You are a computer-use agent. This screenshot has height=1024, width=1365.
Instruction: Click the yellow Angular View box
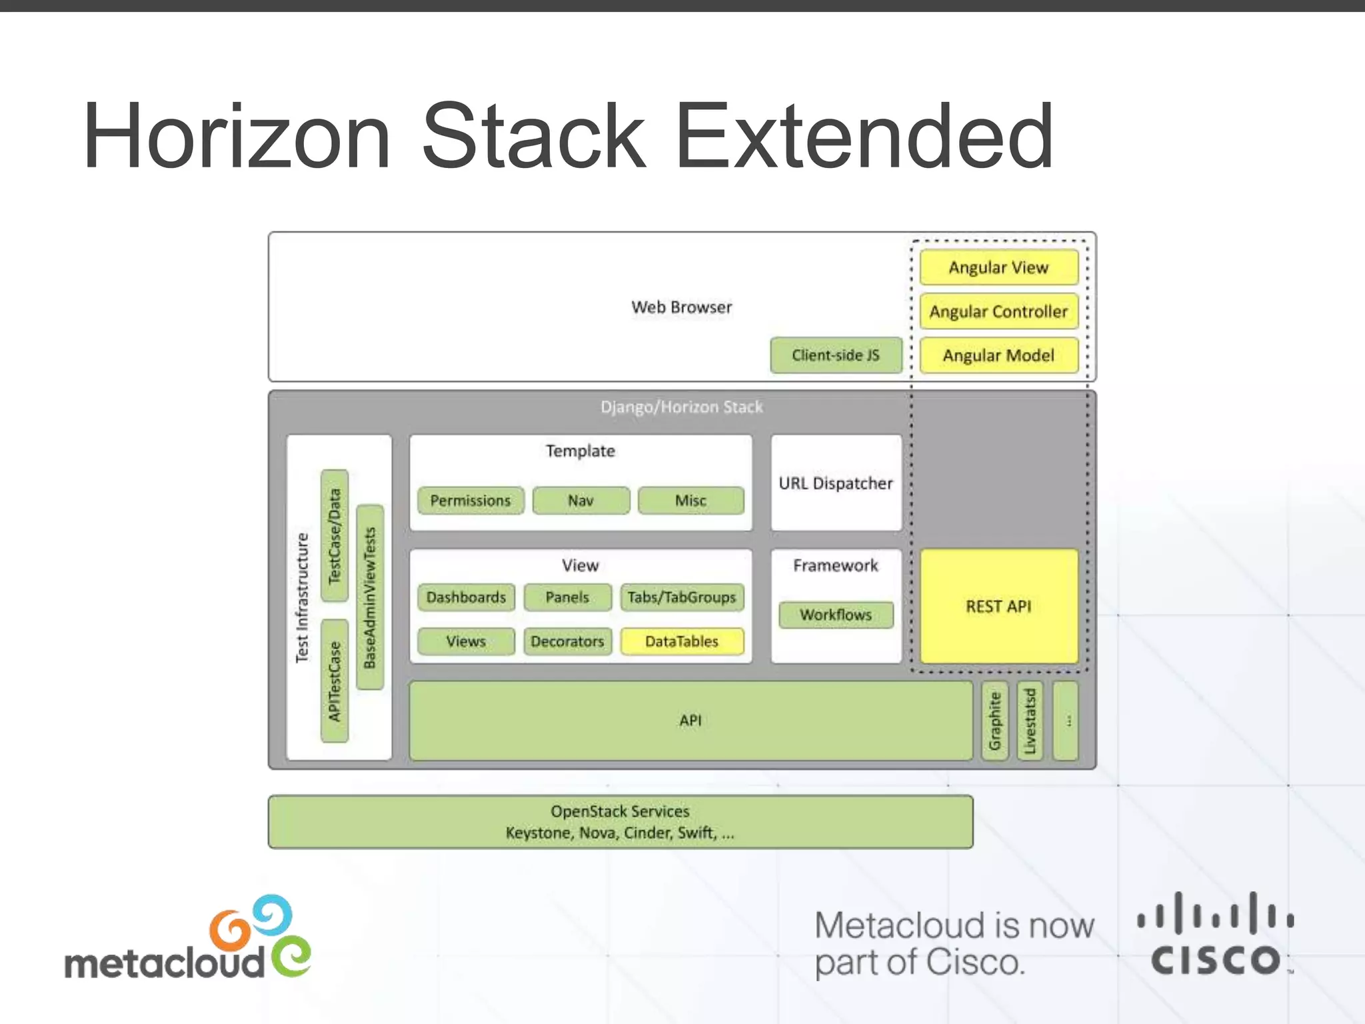point(998,267)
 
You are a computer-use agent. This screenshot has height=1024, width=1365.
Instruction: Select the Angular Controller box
point(998,311)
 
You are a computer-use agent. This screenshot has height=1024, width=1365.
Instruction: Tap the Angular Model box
point(998,355)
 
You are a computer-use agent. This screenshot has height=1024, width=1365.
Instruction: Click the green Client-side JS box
point(836,355)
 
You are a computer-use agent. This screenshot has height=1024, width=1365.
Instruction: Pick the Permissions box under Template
point(471,501)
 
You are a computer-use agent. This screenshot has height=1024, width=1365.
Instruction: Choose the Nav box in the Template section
point(581,501)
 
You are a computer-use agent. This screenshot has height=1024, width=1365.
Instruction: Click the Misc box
point(690,501)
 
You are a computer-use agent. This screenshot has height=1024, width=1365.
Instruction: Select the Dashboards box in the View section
point(466,597)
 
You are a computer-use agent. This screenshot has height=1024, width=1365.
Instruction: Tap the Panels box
point(567,597)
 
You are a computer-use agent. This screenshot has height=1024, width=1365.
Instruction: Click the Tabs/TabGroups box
point(682,597)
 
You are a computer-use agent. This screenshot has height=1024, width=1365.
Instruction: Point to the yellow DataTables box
point(682,641)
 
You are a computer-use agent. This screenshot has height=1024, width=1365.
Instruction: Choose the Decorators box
point(567,641)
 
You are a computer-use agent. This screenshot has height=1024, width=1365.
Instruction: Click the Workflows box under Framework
point(836,615)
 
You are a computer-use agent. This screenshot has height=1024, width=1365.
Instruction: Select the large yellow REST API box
point(998,606)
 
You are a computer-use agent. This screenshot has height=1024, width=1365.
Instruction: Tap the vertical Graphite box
point(995,721)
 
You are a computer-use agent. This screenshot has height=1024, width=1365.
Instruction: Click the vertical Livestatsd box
point(1030,721)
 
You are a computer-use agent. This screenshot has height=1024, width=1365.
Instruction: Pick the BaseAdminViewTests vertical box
point(370,597)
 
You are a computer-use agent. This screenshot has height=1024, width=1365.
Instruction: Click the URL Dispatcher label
point(836,483)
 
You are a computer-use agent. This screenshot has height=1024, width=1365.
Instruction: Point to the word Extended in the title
point(864,137)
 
